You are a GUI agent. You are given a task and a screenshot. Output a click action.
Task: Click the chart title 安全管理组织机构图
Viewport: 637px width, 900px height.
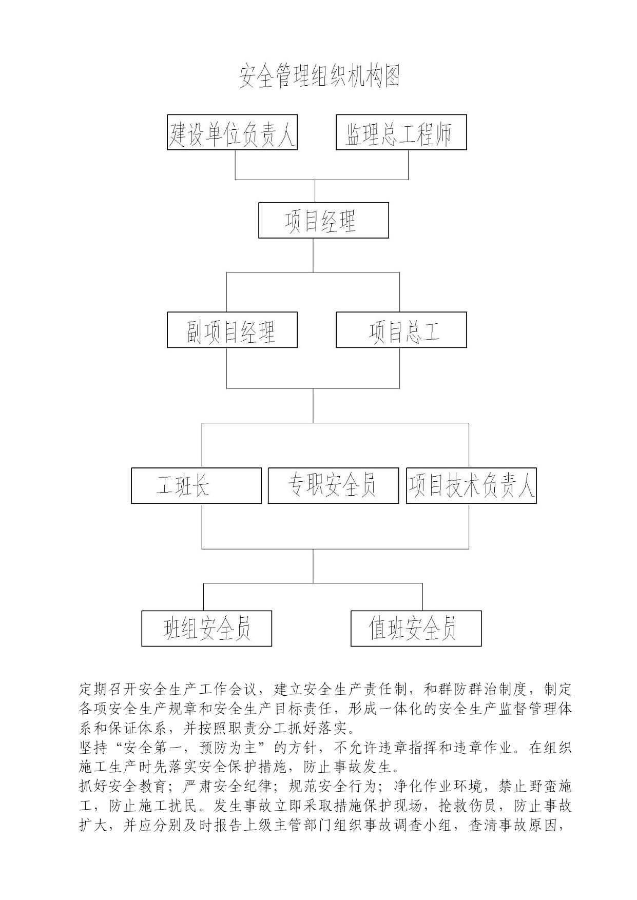(x=319, y=76)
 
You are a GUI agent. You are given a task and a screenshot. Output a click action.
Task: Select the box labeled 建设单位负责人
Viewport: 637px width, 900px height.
(x=232, y=132)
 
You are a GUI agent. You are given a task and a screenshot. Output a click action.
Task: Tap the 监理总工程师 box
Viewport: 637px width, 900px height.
(x=401, y=132)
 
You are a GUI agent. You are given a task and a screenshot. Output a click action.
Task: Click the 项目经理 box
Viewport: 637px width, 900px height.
(x=323, y=220)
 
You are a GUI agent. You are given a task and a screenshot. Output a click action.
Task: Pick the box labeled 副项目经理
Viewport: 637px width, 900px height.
(x=232, y=330)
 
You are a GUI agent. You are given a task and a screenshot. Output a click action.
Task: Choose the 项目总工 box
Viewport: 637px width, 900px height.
(x=401, y=330)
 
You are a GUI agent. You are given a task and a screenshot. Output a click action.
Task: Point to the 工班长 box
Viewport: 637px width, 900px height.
(x=196, y=485)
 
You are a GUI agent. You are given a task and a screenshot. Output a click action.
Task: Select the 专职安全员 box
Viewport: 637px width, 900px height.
(x=334, y=485)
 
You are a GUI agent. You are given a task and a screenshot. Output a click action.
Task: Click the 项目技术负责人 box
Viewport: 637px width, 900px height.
(x=471, y=485)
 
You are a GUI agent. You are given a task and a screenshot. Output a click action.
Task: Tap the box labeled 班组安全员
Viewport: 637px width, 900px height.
(x=206, y=628)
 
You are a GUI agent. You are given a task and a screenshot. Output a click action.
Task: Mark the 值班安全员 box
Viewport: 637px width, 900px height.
(x=416, y=628)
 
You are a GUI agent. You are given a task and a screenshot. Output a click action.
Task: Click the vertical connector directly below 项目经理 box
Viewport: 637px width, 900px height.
(x=313, y=255)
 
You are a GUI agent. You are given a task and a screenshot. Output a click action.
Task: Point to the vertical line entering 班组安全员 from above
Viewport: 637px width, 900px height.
(x=204, y=597)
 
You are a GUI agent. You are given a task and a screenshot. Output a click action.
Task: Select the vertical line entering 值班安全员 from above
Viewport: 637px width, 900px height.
(x=422, y=597)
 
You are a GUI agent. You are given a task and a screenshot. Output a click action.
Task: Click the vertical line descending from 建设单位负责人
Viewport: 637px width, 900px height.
(x=236, y=165)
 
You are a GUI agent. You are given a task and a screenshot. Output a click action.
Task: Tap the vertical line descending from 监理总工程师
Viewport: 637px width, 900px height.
(x=408, y=165)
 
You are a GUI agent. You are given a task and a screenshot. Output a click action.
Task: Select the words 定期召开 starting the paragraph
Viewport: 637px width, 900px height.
(x=108, y=689)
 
